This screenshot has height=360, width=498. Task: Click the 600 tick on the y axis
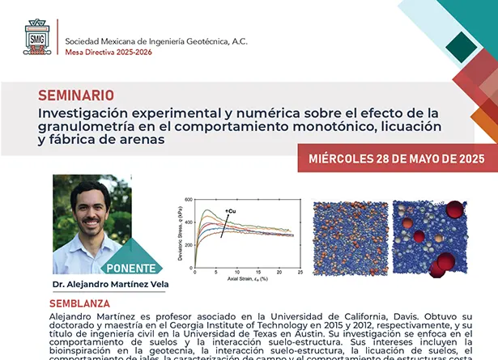tap(187, 199)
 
